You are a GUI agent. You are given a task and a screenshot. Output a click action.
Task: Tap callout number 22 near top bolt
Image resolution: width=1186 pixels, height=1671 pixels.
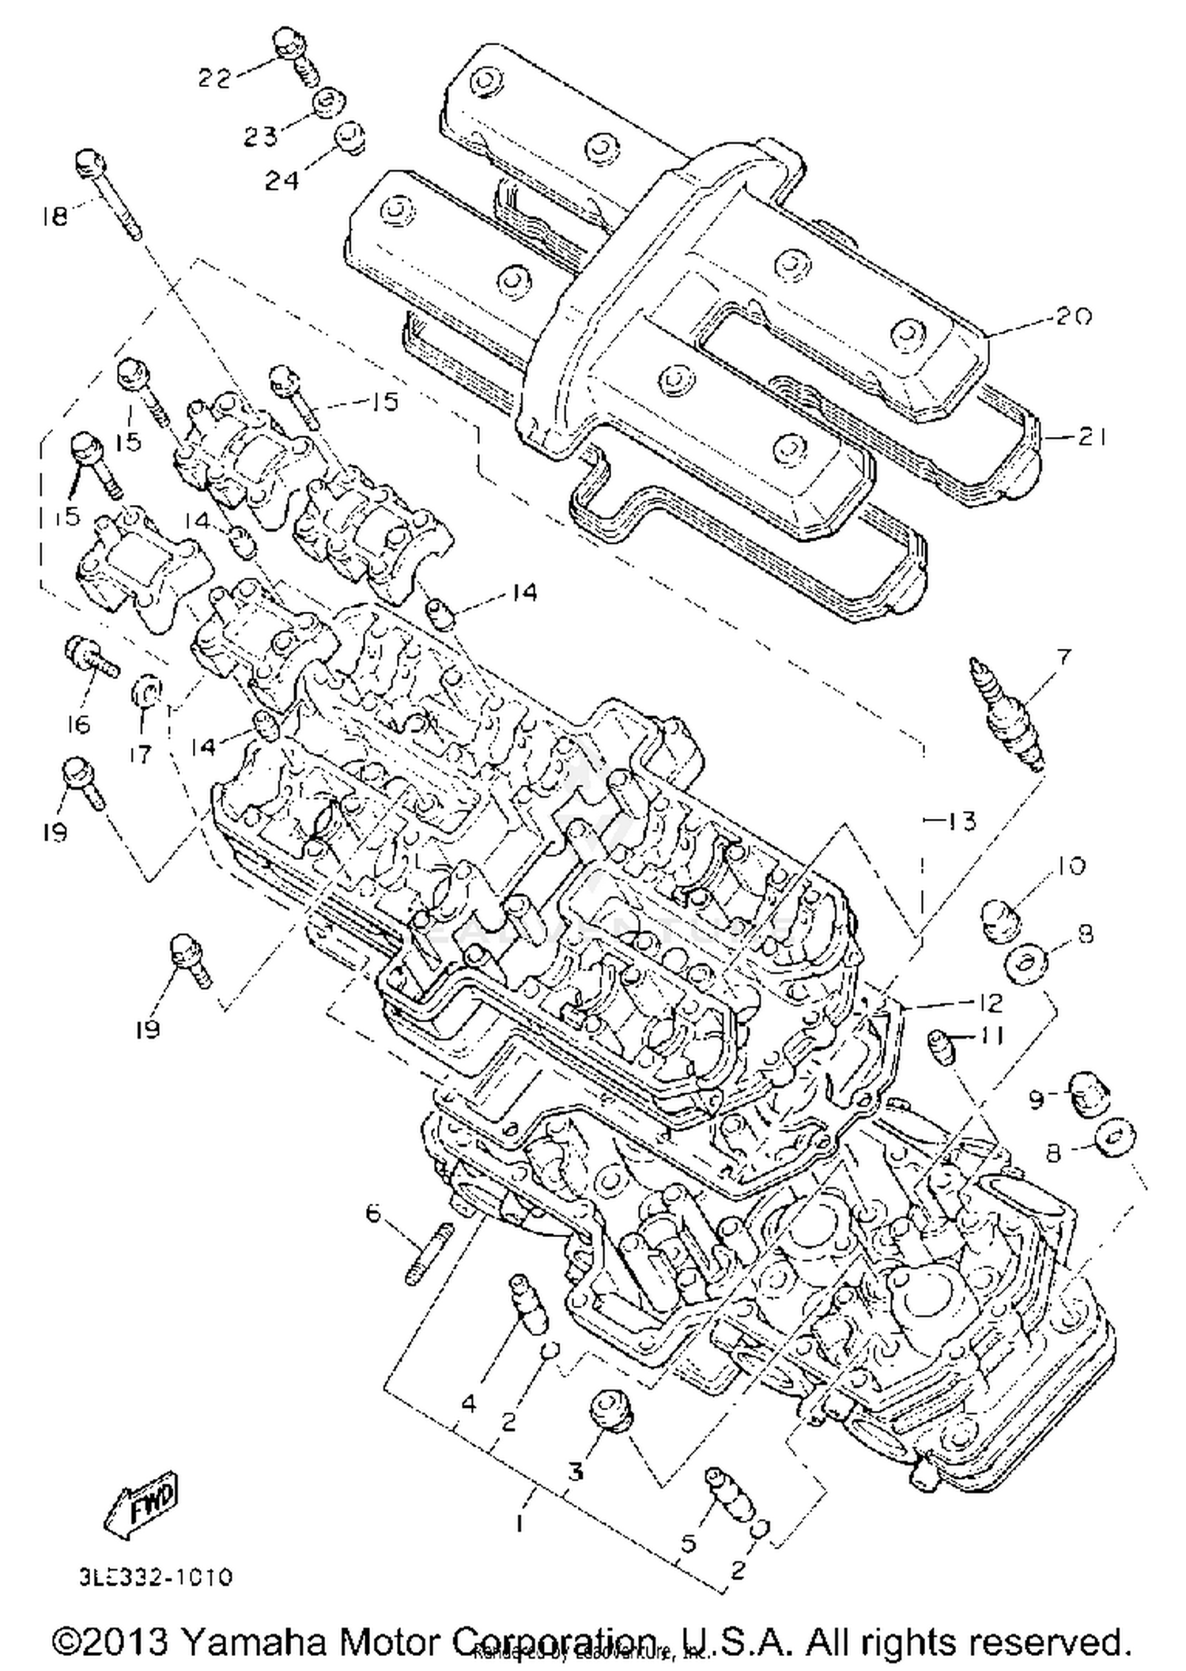tap(213, 77)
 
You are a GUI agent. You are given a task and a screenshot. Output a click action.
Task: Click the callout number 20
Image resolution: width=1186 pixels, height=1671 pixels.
tap(1074, 316)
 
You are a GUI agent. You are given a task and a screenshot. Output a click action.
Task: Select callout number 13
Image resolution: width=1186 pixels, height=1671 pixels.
tap(960, 821)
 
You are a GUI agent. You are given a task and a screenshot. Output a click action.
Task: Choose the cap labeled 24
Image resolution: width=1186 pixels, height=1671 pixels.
tap(349, 137)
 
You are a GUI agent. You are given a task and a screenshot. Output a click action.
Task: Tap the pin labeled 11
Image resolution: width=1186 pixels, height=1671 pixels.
tap(942, 1049)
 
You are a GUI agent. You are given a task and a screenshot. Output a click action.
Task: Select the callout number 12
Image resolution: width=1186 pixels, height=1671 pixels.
tap(988, 1002)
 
